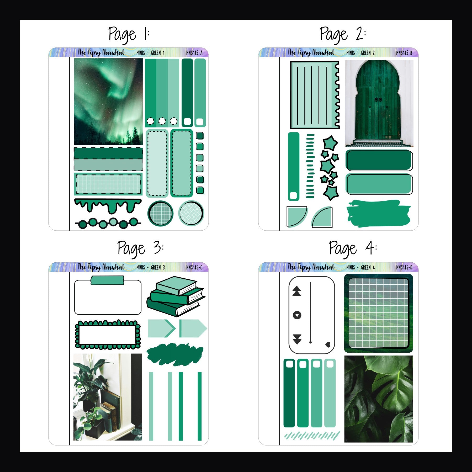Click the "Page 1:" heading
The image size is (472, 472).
(x=129, y=34)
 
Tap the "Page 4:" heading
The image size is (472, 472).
(x=353, y=248)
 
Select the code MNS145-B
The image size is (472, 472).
(x=404, y=53)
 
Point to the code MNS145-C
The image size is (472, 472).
(x=194, y=267)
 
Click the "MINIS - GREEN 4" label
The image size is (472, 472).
(x=360, y=267)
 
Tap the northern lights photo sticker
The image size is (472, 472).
(x=108, y=102)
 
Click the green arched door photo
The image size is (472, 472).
(x=379, y=103)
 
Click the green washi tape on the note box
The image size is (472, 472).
(x=107, y=280)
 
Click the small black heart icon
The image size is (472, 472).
(x=328, y=344)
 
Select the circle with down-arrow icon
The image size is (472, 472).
(x=297, y=315)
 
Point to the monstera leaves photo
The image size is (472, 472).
(x=378, y=399)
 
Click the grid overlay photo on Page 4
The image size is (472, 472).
(x=378, y=313)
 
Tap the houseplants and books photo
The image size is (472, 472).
(x=108, y=397)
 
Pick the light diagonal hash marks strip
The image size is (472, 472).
(x=312, y=436)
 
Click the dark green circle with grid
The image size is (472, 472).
(x=160, y=213)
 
